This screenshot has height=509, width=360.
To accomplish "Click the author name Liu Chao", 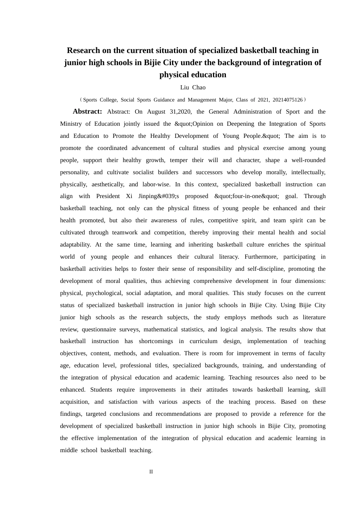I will click(193, 87).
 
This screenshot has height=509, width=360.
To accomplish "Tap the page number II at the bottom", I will click(151, 472).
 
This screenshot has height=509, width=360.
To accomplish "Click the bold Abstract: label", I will click(87, 111).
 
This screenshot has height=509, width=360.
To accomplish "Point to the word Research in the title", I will click(83, 50).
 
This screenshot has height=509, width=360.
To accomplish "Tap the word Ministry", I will click(71, 124).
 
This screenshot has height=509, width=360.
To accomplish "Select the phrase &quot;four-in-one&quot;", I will click(247, 196).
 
